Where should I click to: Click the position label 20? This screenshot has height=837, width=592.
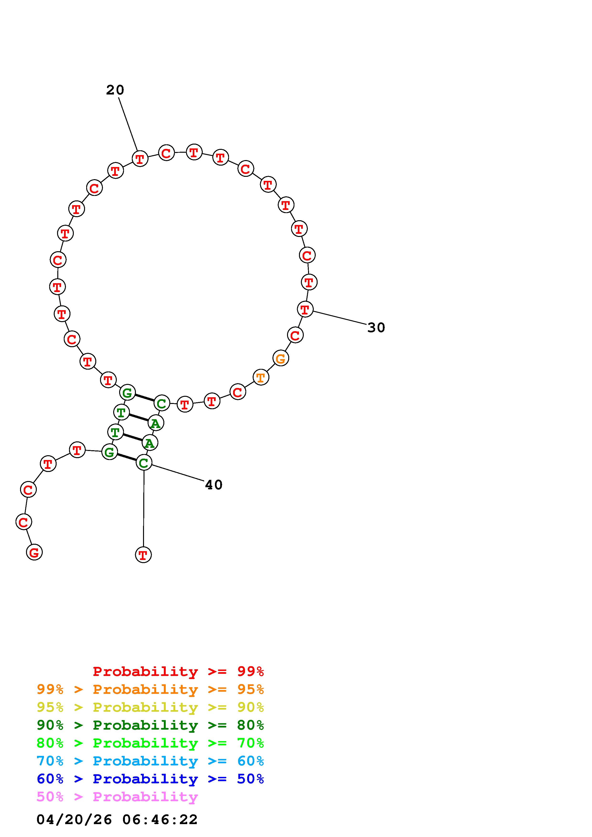pyautogui.click(x=115, y=90)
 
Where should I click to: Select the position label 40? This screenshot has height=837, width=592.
pyautogui.click(x=214, y=485)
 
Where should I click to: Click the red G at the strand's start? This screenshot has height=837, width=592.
pyautogui.click(x=34, y=552)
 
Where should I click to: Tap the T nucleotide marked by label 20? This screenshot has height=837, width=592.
pyautogui.click(x=140, y=159)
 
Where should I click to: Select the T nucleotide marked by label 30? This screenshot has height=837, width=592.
pyautogui.click(x=305, y=309)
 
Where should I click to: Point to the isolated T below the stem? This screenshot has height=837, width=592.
pyautogui.click(x=143, y=555)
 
